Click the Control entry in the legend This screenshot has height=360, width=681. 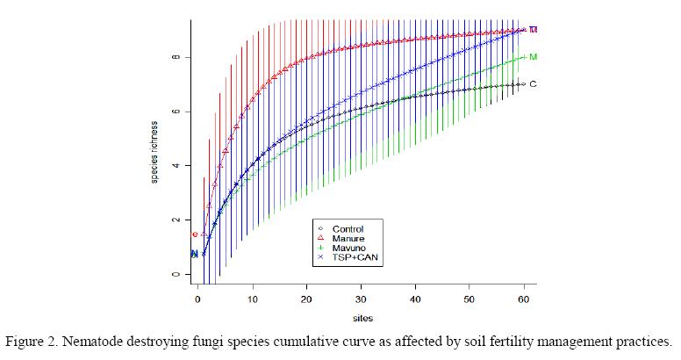click(x=348, y=229)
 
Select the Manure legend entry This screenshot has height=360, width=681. click(x=348, y=239)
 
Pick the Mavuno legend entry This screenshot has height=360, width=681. click(x=348, y=248)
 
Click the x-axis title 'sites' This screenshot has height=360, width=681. click(x=362, y=320)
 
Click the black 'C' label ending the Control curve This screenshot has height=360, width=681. click(x=533, y=84)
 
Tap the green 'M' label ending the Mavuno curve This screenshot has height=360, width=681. click(x=534, y=57)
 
